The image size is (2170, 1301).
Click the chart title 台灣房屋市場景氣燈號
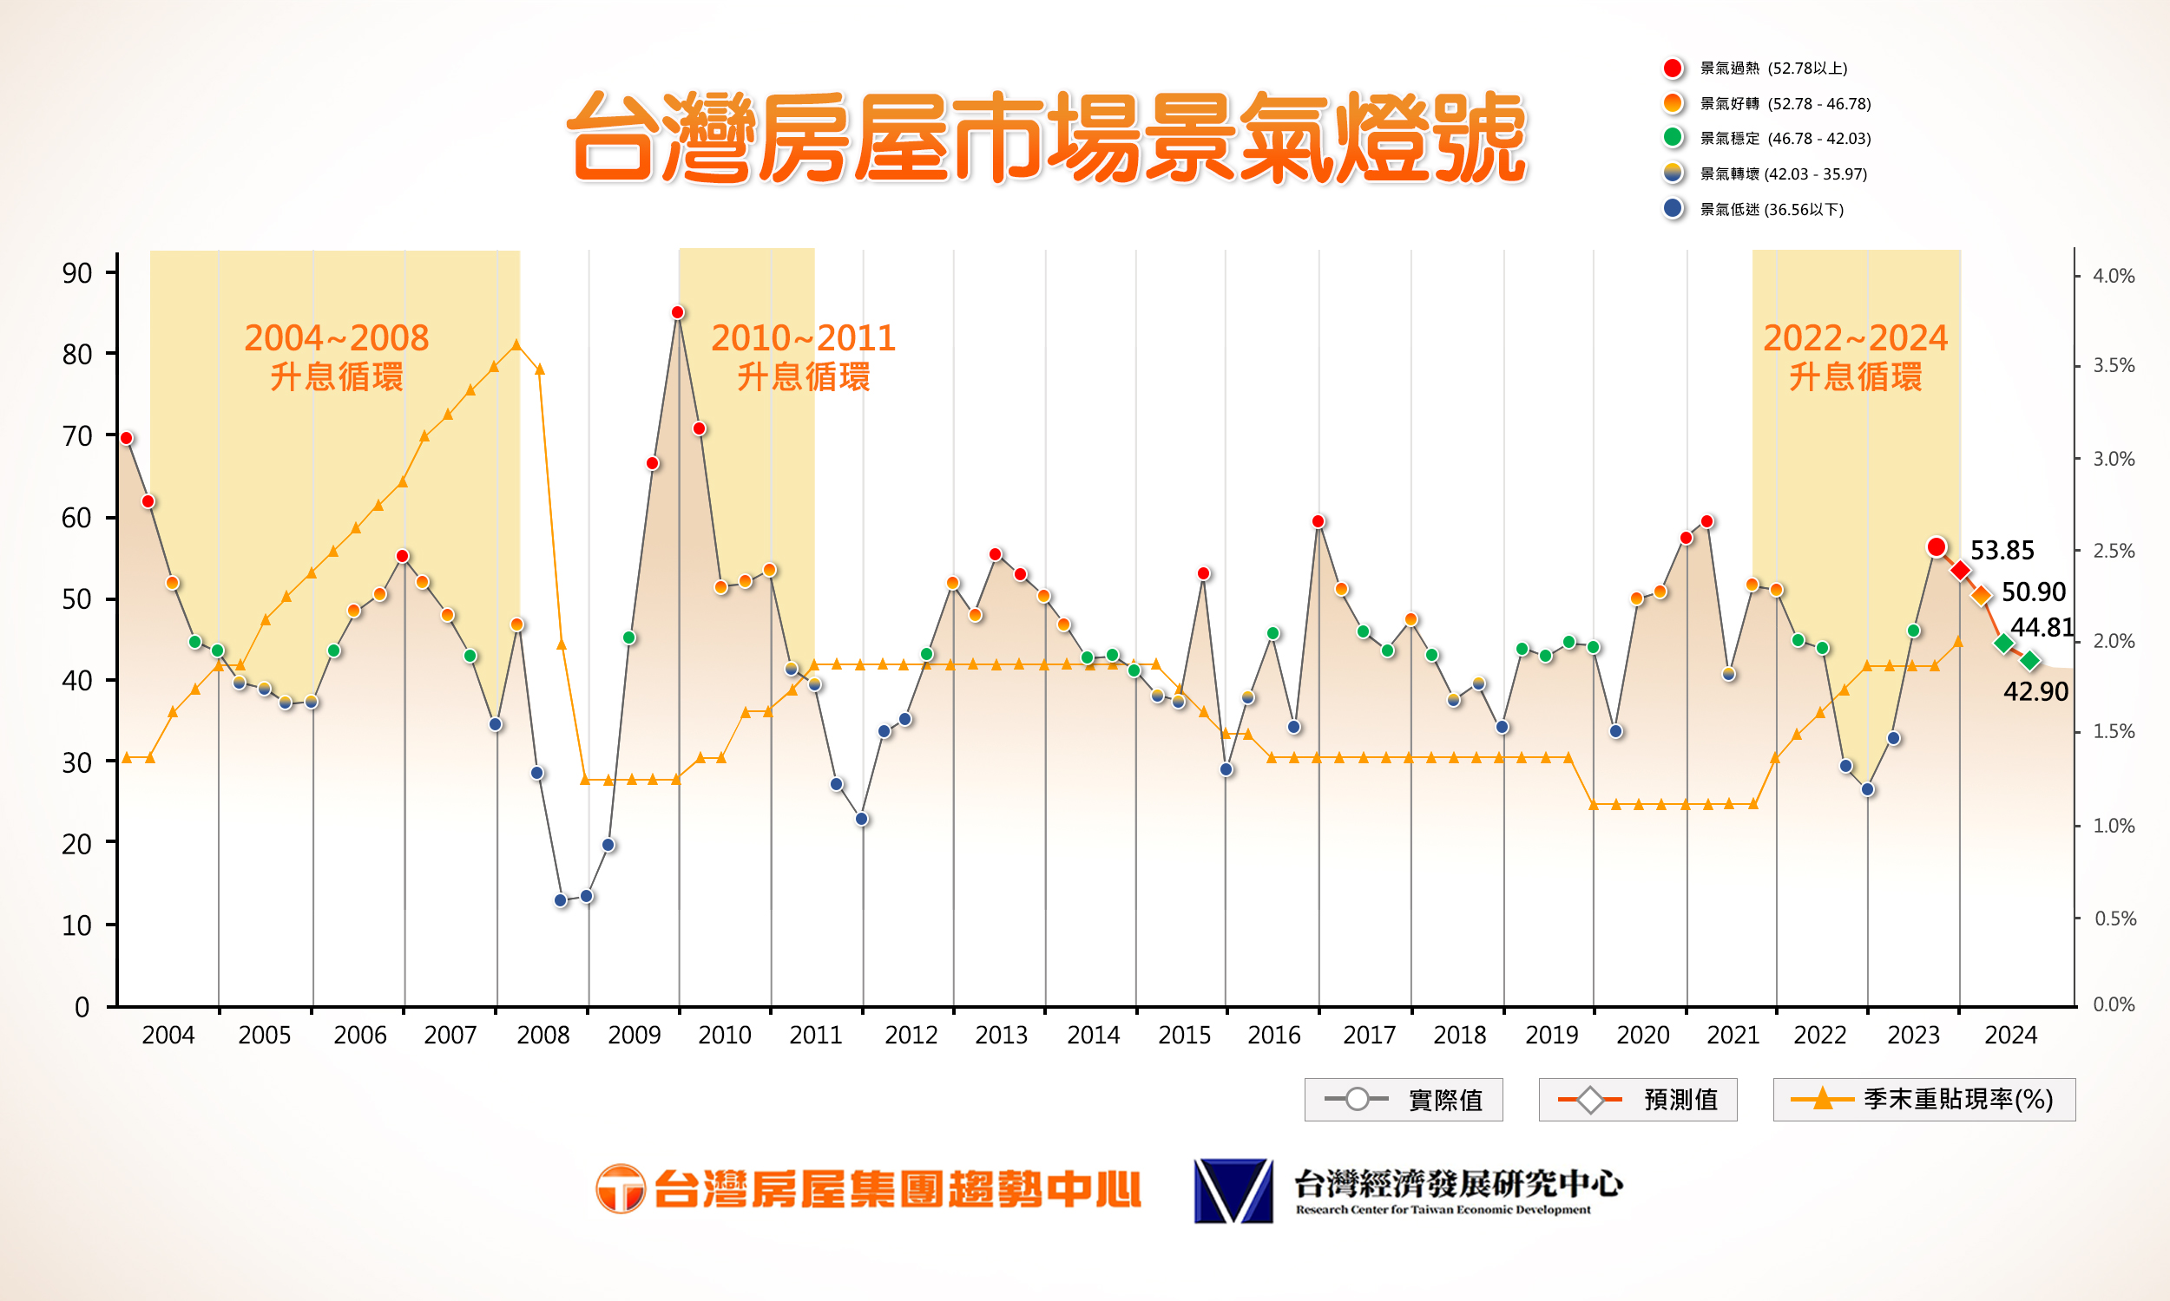point(1049,139)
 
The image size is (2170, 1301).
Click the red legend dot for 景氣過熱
point(1673,69)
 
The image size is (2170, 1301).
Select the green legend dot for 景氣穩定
point(1673,138)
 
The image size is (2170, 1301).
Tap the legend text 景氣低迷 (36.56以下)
point(1771,210)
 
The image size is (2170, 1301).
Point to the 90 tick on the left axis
point(77,273)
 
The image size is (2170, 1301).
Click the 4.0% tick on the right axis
point(2113,276)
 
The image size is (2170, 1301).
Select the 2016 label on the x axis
point(1273,1036)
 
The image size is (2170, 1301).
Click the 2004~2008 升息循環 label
point(336,356)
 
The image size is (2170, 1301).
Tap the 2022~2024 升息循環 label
point(1854,356)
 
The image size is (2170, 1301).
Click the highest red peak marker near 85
point(677,313)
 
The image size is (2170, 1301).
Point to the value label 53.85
point(2001,551)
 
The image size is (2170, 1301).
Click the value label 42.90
point(2035,692)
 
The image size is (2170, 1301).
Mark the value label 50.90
point(2032,592)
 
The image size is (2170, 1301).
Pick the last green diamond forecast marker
point(2029,661)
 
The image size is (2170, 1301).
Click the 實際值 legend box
point(1403,1100)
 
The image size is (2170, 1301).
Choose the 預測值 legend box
point(1637,1100)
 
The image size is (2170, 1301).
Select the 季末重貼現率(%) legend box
point(1923,1100)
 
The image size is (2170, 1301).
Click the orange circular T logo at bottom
point(620,1189)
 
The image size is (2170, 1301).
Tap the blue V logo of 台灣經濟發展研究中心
point(1233,1191)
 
